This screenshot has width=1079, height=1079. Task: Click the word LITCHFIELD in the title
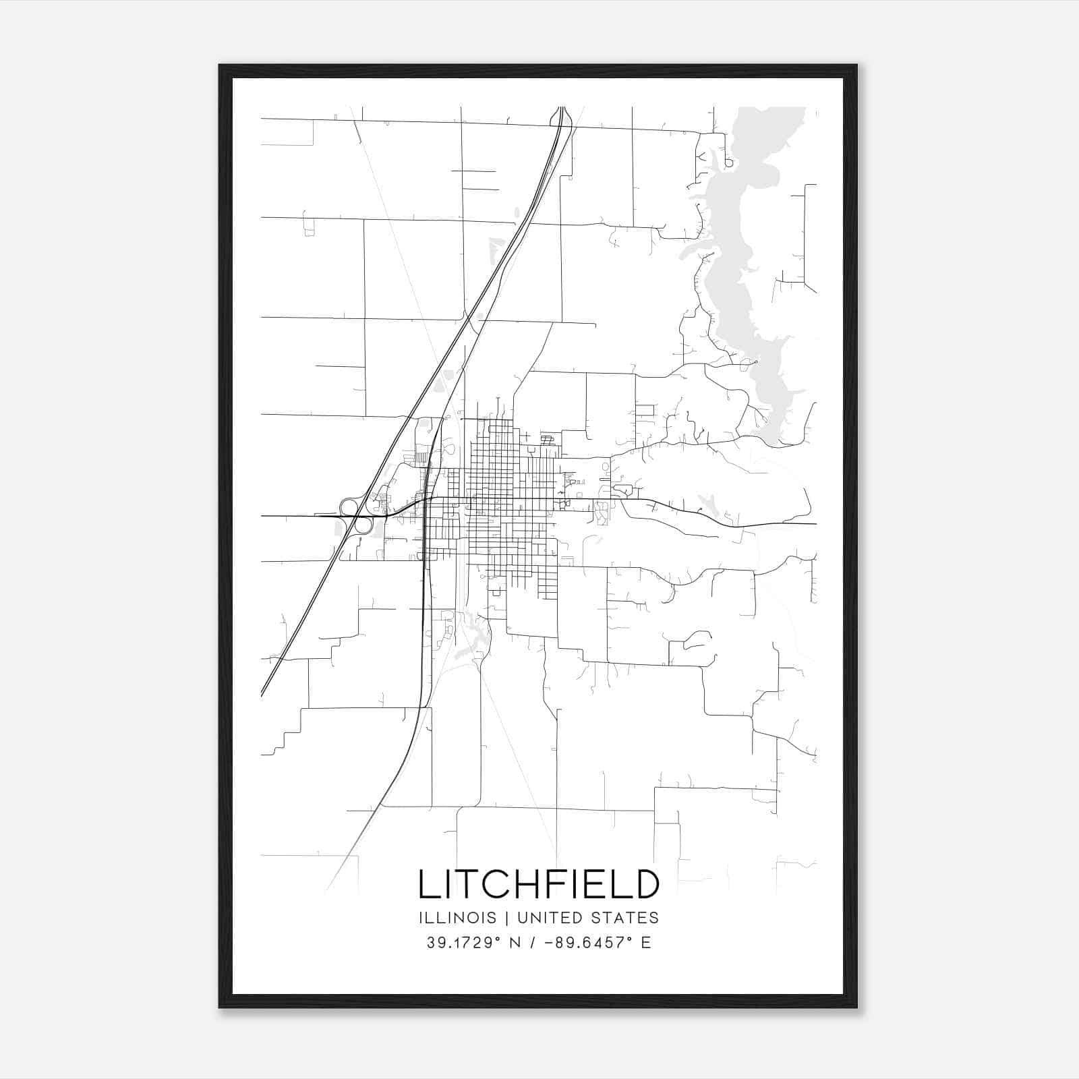[x=539, y=883]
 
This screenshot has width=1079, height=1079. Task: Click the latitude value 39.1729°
[x=464, y=943]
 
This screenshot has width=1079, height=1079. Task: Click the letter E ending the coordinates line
[x=646, y=943]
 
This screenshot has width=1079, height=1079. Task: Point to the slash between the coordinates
[x=533, y=943]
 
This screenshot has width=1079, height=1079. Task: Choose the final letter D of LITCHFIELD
[x=646, y=883]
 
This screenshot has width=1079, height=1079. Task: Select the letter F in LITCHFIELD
[x=552, y=883]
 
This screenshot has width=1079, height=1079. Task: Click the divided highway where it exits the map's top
[x=561, y=109]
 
